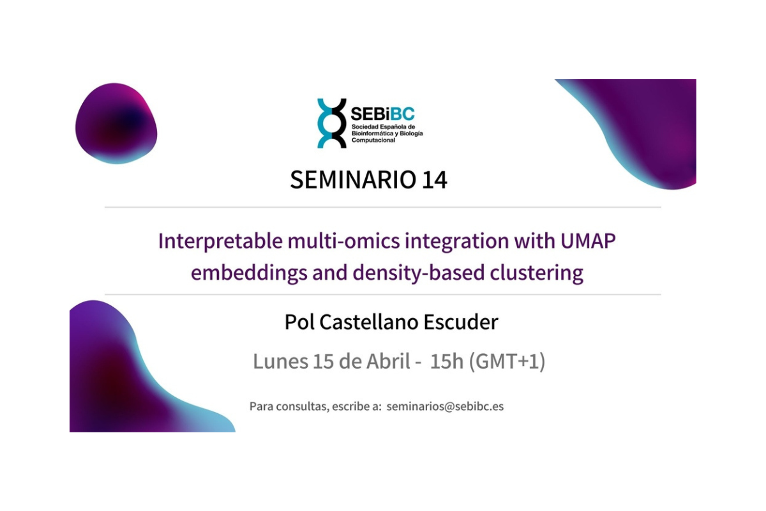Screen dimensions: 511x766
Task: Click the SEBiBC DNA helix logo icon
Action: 331,123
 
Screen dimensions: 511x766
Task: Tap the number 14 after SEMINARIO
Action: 434,179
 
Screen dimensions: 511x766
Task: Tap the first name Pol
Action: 299,322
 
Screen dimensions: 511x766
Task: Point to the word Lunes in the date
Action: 280,362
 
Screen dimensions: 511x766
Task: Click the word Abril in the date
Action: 388,362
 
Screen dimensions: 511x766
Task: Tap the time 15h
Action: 447,362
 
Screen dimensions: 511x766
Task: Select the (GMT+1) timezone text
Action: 507,362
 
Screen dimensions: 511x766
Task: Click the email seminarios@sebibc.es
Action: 445,406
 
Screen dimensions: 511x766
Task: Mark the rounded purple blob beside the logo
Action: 116,123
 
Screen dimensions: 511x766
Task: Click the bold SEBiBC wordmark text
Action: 382,114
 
